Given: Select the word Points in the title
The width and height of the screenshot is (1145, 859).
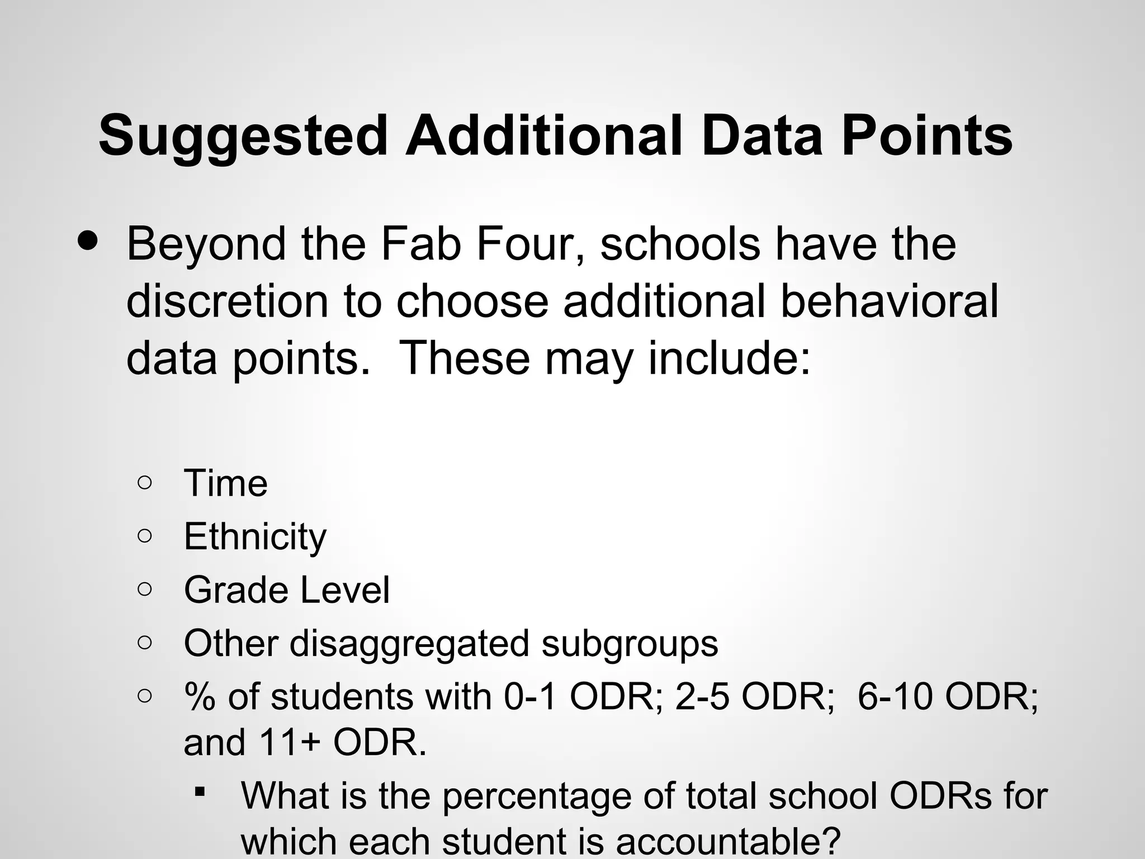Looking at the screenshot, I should click(x=926, y=135).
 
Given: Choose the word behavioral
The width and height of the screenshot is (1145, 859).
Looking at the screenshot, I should click(x=889, y=301).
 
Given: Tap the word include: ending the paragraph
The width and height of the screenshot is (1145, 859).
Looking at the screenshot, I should click(x=729, y=358).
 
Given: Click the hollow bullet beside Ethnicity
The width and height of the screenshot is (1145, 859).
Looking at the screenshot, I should click(x=144, y=536).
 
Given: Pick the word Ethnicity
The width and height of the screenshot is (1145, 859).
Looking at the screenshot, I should click(x=255, y=537).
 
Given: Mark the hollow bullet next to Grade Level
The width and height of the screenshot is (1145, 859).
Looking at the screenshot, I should click(x=144, y=589).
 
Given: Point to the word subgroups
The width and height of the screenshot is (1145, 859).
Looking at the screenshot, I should click(x=630, y=644).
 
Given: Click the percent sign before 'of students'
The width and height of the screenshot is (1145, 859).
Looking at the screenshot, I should click(x=199, y=697).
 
